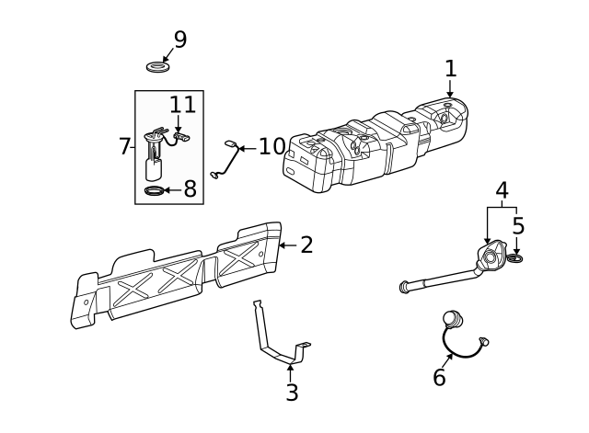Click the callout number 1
pyautogui.click(x=450, y=68)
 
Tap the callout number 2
pyautogui.click(x=306, y=245)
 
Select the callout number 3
pyautogui.click(x=291, y=393)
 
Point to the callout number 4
pyautogui.click(x=502, y=190)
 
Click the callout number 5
pyautogui.click(x=518, y=225)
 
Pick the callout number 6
pyautogui.click(x=439, y=377)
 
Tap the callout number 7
pyautogui.click(x=125, y=146)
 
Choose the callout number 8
pyautogui.click(x=190, y=189)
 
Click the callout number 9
pyautogui.click(x=179, y=40)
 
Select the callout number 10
pyautogui.click(x=271, y=147)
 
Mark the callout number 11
pyautogui.click(x=182, y=106)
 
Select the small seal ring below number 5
pyautogui.click(x=515, y=259)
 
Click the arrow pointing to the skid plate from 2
pyautogui.click(x=286, y=245)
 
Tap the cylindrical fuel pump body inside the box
pyautogui.click(x=154, y=169)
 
